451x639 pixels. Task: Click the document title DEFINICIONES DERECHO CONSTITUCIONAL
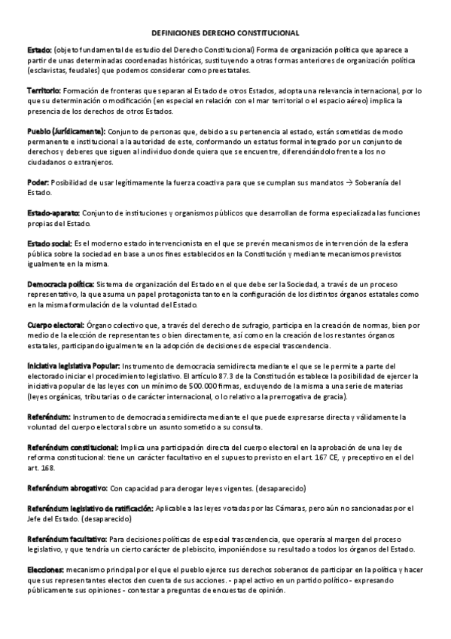point(225,33)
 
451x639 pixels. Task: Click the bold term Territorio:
point(44,90)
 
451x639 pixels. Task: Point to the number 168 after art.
point(47,467)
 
